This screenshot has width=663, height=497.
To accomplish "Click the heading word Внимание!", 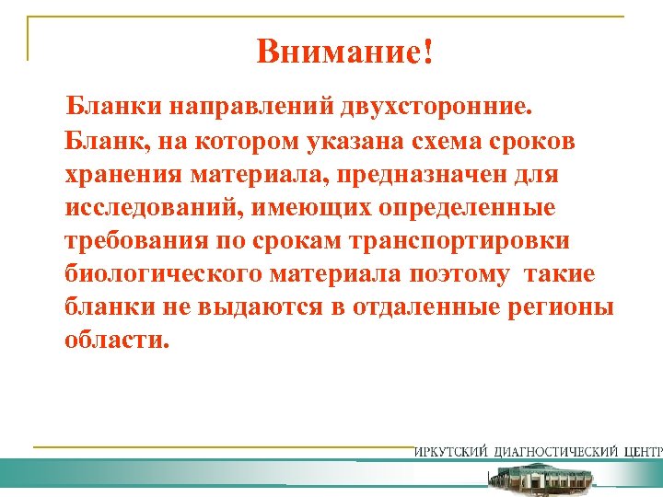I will tap(343, 52).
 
